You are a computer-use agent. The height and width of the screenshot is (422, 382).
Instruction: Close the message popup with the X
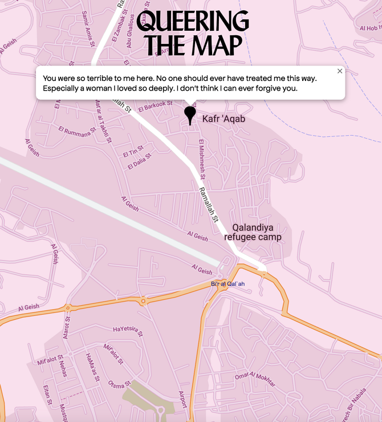click(340, 71)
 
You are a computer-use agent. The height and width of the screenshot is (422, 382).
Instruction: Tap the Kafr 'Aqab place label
click(223, 119)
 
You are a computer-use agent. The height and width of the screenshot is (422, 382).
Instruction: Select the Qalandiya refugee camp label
click(253, 232)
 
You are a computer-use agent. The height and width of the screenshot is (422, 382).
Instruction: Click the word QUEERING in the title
click(193, 22)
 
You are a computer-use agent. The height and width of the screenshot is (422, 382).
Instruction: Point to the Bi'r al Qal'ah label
click(227, 284)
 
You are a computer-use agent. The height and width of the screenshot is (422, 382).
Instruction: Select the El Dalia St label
click(140, 161)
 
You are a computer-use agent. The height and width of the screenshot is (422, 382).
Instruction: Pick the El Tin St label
click(133, 152)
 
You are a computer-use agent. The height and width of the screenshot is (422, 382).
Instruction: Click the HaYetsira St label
click(128, 330)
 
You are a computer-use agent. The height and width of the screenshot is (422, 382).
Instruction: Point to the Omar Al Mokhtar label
click(255, 379)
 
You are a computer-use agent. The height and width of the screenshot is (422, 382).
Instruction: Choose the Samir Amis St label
click(88, 25)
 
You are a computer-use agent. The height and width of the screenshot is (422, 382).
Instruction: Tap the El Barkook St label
click(155, 105)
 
